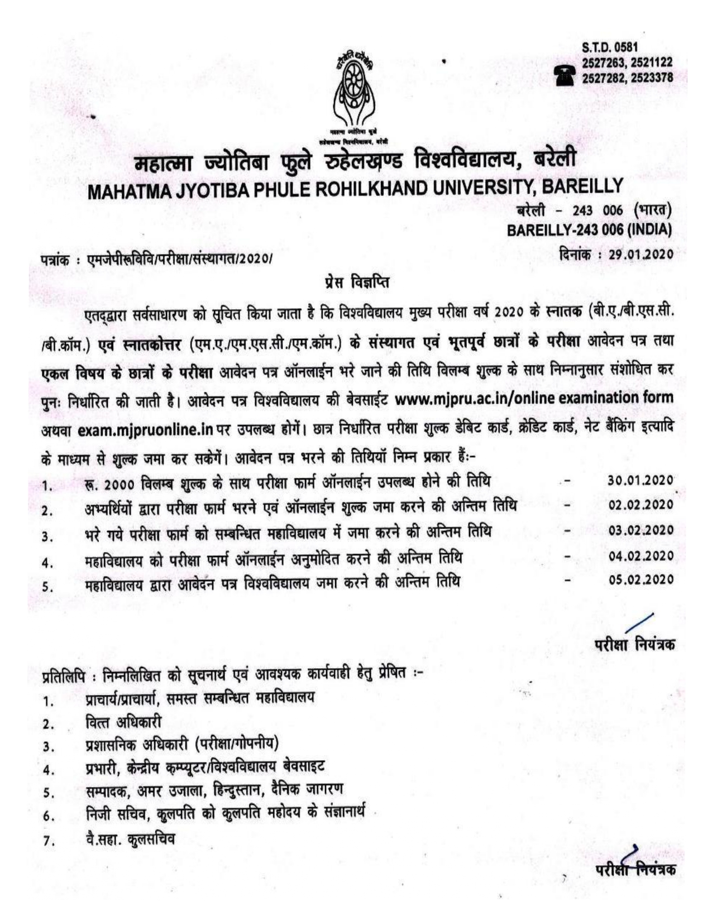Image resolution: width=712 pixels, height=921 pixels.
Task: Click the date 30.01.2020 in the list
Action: coord(641,481)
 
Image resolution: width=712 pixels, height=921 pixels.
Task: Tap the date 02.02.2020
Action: coord(641,505)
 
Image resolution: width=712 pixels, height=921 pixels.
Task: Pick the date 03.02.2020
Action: coord(641,530)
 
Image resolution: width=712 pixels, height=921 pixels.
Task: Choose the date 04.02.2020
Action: coord(641,556)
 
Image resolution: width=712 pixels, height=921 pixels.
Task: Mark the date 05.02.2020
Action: coord(641,581)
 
